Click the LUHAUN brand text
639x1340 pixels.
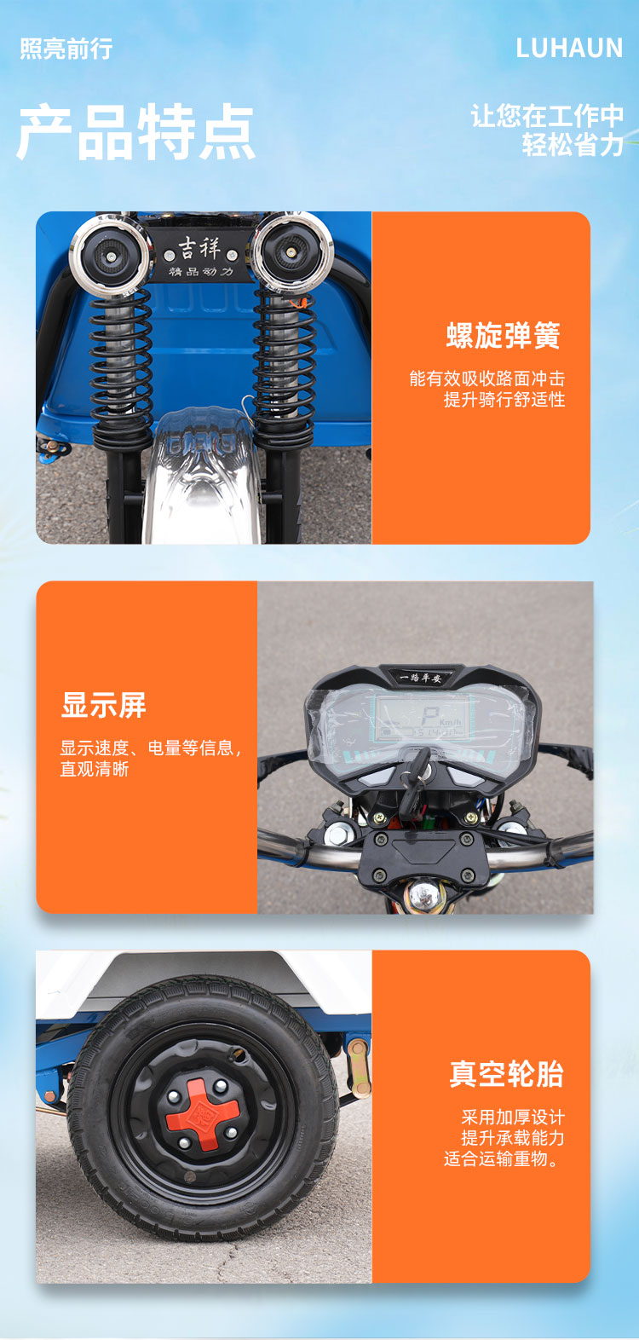pos(569,49)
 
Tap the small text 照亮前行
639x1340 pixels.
pos(66,49)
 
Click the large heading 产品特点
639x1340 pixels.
pos(136,133)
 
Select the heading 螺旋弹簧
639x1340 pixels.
pos(503,336)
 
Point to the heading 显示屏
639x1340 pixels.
pos(104,705)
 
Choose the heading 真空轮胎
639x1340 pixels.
pos(506,1074)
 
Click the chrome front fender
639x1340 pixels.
pos(202,477)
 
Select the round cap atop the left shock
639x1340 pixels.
pos(110,253)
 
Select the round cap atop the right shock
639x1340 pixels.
pos(290,250)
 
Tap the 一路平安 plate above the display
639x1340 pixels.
pos(421,678)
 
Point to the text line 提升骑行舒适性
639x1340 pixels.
pos(504,400)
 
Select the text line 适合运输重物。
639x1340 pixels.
pos(503,1158)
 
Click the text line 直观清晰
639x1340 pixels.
pos(95,769)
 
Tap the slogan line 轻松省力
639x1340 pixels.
pos(573,145)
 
